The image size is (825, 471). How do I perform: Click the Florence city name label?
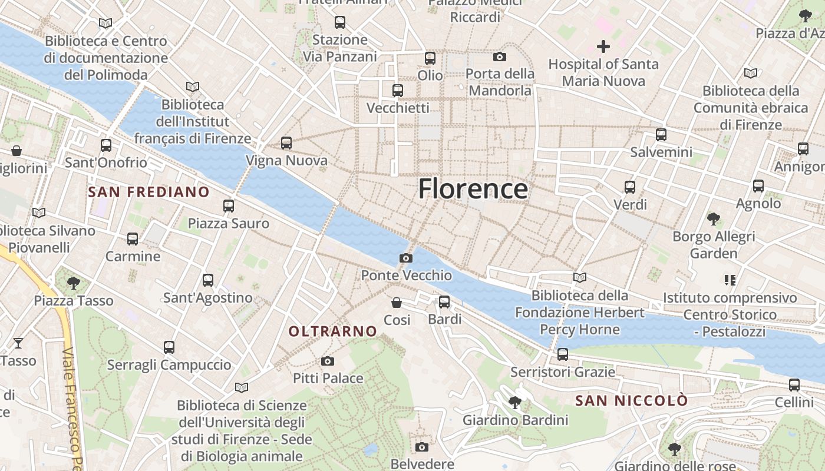click(473, 189)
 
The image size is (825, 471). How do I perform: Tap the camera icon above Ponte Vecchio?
click(405, 258)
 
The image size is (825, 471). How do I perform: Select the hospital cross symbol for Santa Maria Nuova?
click(603, 46)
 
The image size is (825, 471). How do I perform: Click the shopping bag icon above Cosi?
click(397, 303)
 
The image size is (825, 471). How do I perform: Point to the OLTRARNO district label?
click(332, 331)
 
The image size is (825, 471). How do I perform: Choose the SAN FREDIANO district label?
click(148, 192)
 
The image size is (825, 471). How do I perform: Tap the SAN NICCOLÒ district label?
click(631, 401)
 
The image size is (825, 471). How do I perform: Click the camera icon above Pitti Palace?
click(328, 361)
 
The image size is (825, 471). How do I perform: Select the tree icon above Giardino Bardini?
click(515, 403)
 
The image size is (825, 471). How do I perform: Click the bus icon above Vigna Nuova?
click(286, 142)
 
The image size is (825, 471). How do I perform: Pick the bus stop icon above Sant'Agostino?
click(208, 280)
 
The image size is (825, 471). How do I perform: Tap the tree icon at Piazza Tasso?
click(74, 283)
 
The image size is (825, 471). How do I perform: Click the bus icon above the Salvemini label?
click(661, 134)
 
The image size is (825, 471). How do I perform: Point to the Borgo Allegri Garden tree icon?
click(714, 219)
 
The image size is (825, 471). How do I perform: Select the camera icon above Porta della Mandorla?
click(500, 57)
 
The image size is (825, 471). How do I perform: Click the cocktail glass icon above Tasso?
click(18, 343)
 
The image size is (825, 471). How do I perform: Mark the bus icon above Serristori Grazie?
click(563, 354)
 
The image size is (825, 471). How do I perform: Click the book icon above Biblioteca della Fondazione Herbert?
click(580, 277)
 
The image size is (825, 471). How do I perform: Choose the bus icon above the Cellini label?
click(794, 385)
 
